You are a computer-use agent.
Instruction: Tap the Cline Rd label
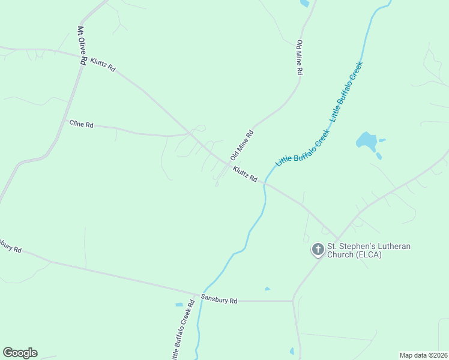81,125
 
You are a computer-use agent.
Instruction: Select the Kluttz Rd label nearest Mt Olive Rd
103,65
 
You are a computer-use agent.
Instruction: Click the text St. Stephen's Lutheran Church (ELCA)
354,250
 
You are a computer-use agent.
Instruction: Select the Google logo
20,353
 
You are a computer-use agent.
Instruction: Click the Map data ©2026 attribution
423,355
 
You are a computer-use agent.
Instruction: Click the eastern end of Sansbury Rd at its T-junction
292,300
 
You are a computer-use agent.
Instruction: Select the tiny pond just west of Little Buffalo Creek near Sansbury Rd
179,305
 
